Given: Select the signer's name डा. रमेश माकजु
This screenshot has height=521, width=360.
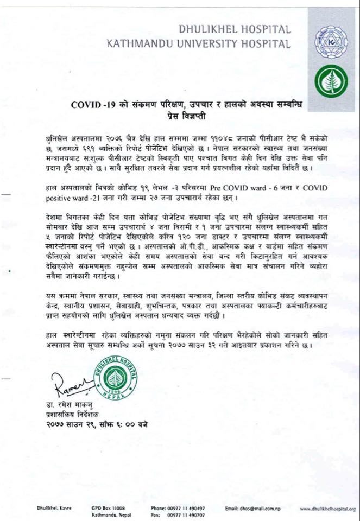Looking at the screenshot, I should click(x=65, y=404).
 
